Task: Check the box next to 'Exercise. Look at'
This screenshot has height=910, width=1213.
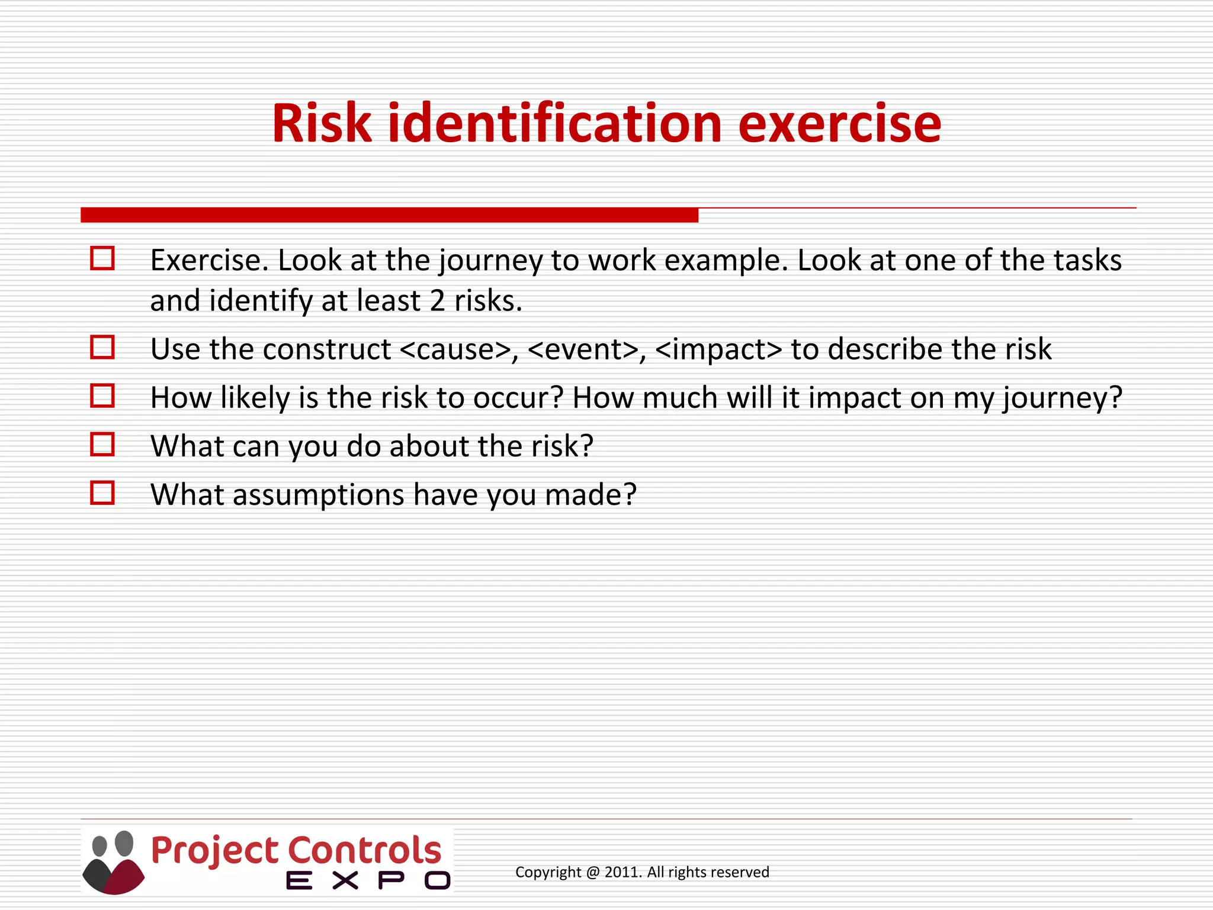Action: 102,258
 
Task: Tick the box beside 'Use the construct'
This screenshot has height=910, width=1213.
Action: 102,347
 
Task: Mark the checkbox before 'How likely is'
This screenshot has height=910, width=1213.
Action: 102,396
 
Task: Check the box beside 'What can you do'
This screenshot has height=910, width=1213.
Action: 102,444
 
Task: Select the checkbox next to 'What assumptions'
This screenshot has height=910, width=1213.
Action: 102,493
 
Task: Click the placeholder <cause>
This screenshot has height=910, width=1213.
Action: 455,349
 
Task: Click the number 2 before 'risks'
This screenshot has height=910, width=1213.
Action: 437,300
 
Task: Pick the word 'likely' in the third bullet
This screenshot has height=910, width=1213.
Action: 255,398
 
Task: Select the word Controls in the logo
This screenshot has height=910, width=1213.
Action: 365,850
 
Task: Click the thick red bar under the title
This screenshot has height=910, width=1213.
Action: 389,215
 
